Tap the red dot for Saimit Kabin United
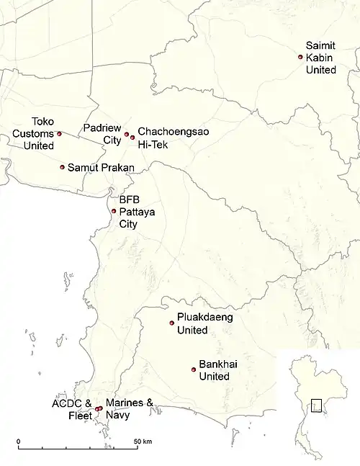pos(300,57)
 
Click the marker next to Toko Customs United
pos(60,133)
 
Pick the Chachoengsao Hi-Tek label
pos(164,138)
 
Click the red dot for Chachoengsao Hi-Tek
pos(132,137)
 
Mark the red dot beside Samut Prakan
pos(63,167)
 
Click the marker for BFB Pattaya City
pos(114,211)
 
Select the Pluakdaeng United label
pos(204,323)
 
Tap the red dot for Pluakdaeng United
pos(171,323)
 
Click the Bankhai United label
pos(214,370)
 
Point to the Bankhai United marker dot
pos(193,370)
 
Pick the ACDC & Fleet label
pos(72,408)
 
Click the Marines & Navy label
pos(130,408)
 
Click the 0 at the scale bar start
pos(18,441)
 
